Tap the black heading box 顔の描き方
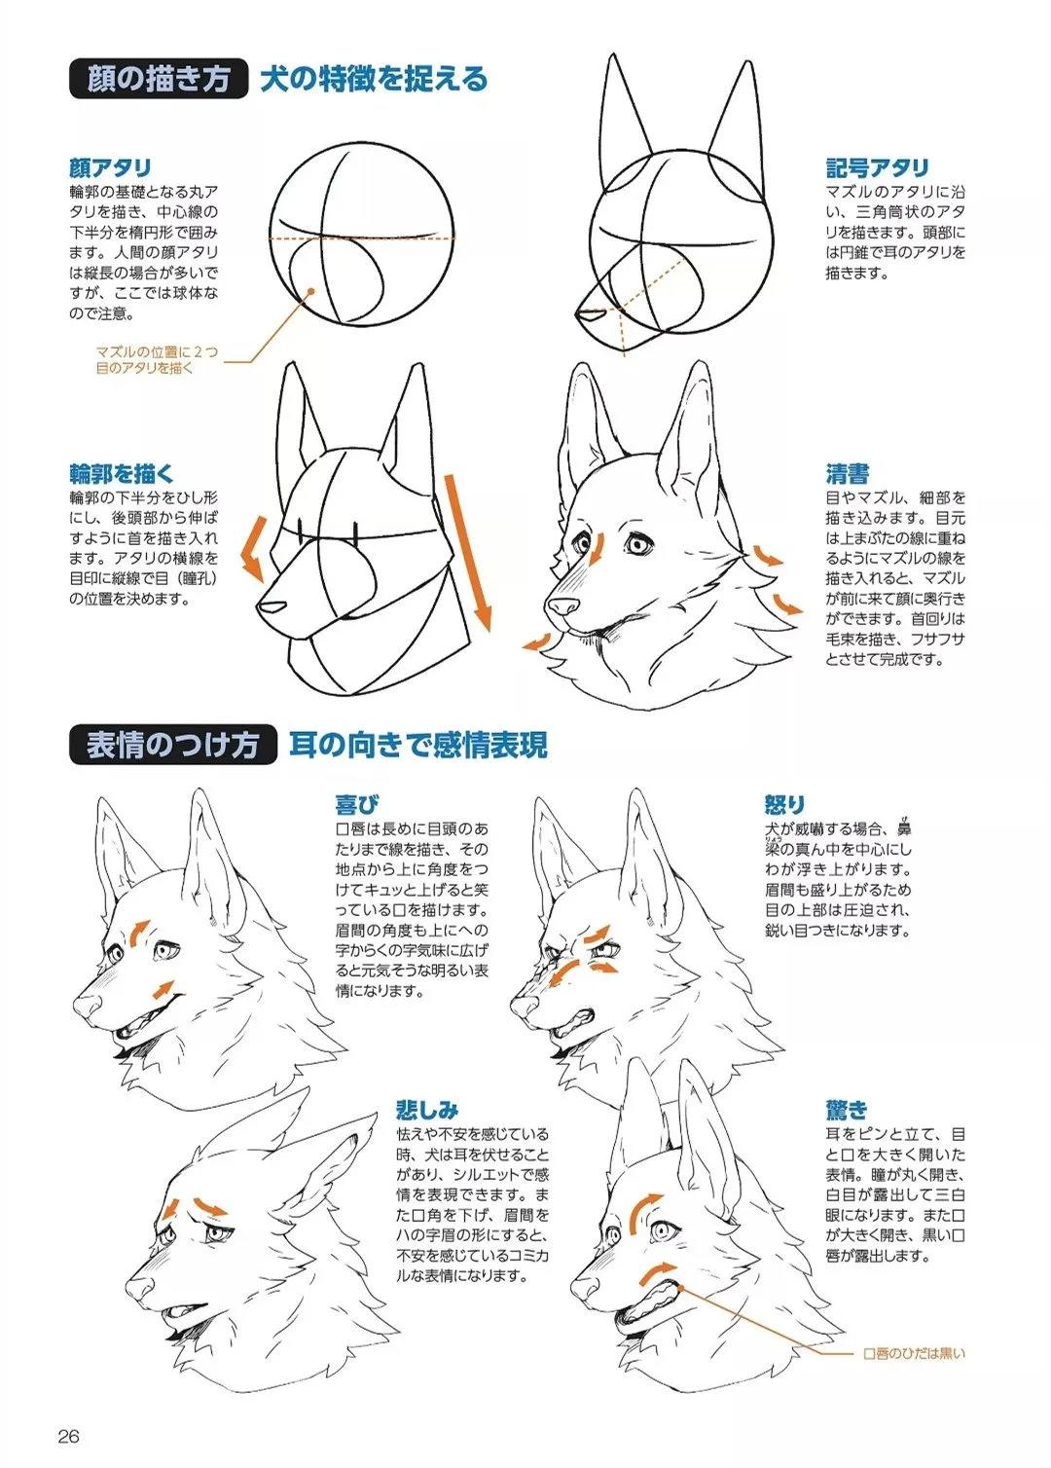tap(159, 79)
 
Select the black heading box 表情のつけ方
tap(173, 745)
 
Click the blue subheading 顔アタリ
tap(110, 167)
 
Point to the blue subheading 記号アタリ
tap(878, 167)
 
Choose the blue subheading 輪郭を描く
tap(122, 473)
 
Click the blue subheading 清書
tap(848, 473)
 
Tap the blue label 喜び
tap(356, 804)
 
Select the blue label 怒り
tap(784, 804)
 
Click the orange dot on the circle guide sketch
tap(311, 290)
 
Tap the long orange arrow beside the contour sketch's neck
tap(468, 552)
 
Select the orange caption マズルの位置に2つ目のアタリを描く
tap(157, 360)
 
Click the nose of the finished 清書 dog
tap(562, 606)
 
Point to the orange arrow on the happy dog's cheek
tap(163, 989)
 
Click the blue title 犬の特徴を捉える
tap(374, 79)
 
